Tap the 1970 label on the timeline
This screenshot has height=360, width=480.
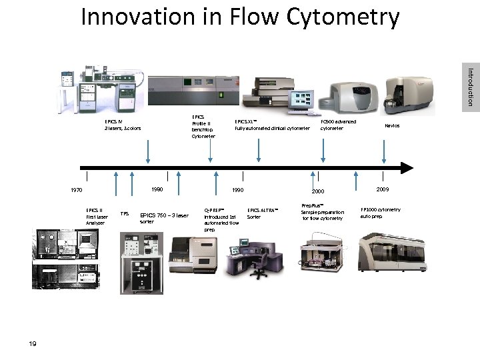pyautogui.click(x=76, y=190)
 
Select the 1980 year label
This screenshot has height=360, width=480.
pyautogui.click(x=157, y=189)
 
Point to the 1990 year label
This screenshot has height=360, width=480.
pyautogui.click(x=237, y=190)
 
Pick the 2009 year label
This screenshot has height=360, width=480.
pyautogui.click(x=381, y=189)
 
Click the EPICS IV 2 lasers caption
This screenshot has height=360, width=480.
pyautogui.click(x=123, y=125)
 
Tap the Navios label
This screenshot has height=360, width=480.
pyautogui.click(x=392, y=125)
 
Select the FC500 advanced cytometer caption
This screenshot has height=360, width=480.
pyautogui.click(x=339, y=125)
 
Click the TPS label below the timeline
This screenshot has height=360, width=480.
pyautogui.click(x=123, y=214)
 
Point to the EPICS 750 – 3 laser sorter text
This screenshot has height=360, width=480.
pyautogui.click(x=164, y=217)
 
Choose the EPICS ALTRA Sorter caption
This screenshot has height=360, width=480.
pyautogui.click(x=262, y=213)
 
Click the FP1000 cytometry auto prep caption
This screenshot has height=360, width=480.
pyautogui.click(x=381, y=213)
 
